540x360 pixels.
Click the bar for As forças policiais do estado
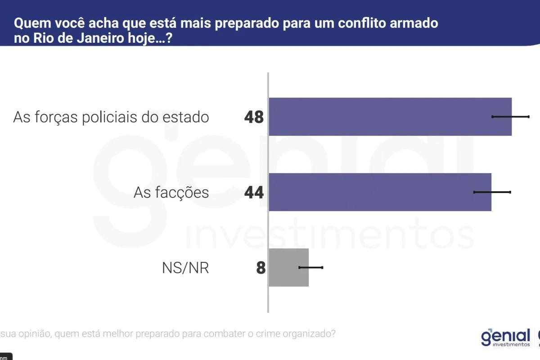coord(390,117)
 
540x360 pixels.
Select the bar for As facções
coord(380,192)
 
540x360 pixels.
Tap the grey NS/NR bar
coord(288,267)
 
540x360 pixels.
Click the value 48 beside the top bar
coord(254,117)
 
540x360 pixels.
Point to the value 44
coord(254,193)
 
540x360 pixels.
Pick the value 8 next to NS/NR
coord(261,268)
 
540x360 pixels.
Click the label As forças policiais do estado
coord(111,117)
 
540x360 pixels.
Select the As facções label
coord(171,193)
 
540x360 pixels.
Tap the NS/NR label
coord(185,268)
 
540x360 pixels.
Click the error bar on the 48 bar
coord(510,117)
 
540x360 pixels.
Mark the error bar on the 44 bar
coord(492,192)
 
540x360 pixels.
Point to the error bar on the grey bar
coord(310,267)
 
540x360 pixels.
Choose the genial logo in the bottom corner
coord(506,337)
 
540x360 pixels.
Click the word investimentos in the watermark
coord(330,234)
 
